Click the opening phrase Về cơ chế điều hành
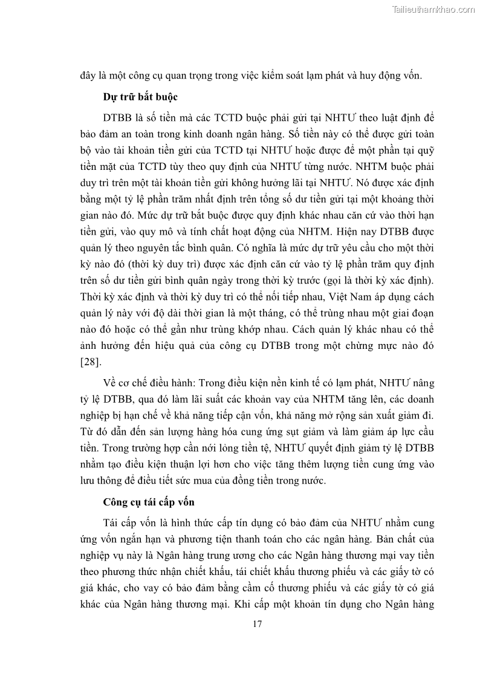pyautogui.click(x=148, y=383)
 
